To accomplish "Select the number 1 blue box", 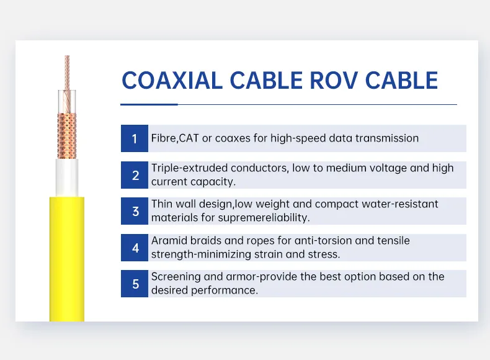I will (x=135, y=138).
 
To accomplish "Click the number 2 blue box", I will (x=135, y=175).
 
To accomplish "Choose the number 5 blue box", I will (x=135, y=284).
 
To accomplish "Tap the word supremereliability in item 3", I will (x=265, y=218).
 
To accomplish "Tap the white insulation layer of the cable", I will (x=67, y=177).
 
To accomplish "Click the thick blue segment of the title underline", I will (x=149, y=104).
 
